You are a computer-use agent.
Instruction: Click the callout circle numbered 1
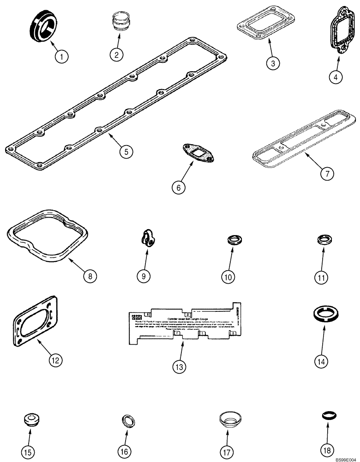coord(61,57)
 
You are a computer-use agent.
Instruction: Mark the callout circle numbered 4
coord(336,77)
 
